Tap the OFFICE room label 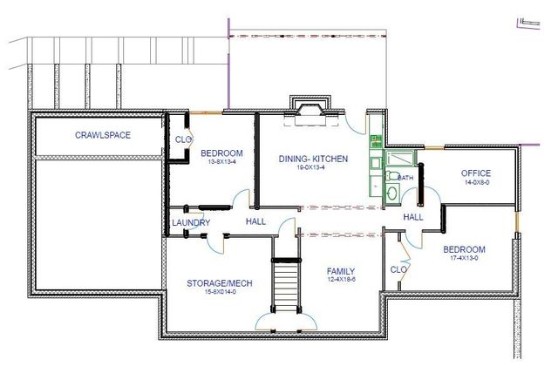pyautogui.click(x=476, y=173)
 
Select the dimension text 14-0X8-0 pyautogui.click(x=476, y=183)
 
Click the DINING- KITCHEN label pyautogui.click(x=314, y=159)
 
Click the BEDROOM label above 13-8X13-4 pyautogui.click(x=221, y=153)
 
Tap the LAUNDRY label pyautogui.click(x=191, y=223)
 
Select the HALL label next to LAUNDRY pyautogui.click(x=256, y=221)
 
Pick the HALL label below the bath pyautogui.click(x=412, y=217)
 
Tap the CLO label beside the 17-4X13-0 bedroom pyautogui.click(x=398, y=269)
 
